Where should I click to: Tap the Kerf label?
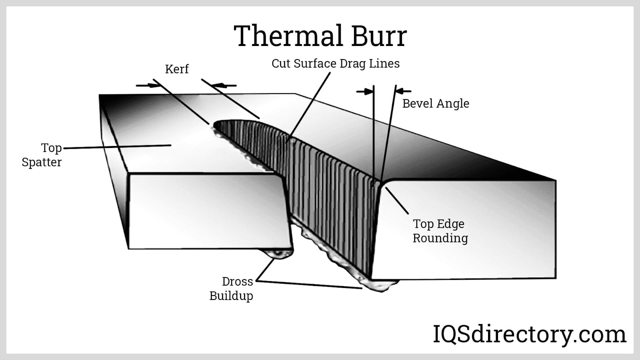pyautogui.click(x=177, y=69)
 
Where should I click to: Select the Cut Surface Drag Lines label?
pyautogui.click(x=336, y=64)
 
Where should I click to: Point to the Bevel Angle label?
pyautogui.click(x=436, y=104)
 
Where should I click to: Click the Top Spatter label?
pyautogui.click(x=42, y=155)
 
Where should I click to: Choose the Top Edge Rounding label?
pyautogui.click(x=440, y=231)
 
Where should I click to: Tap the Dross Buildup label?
pyautogui.click(x=231, y=289)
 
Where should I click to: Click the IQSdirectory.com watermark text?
pyautogui.click(x=530, y=335)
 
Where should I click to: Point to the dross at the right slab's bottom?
pyautogui.click(x=378, y=285)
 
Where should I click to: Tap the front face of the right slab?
pyautogui.click(x=464, y=230)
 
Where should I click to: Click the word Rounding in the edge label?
pyautogui.click(x=440, y=238)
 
